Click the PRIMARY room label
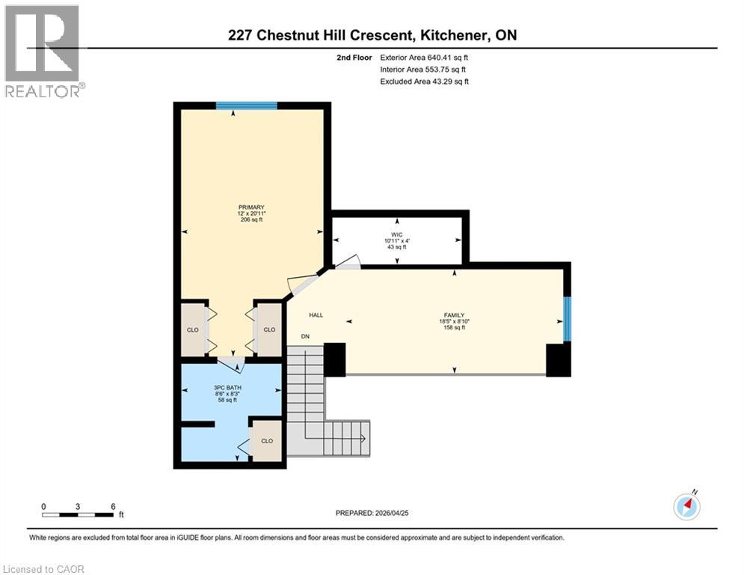(251, 207)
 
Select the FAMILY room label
(453, 315)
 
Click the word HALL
(316, 315)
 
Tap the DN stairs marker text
(305, 337)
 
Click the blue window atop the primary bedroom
(246, 106)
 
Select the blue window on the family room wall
(567, 318)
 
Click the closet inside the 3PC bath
(267, 440)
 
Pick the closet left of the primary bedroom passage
(193, 329)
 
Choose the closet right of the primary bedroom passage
(269, 329)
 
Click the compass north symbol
(686, 507)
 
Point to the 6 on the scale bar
(113, 506)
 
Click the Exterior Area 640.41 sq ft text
(425, 57)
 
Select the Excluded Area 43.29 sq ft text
(425, 82)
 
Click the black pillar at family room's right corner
(558, 360)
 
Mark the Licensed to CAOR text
(43, 569)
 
